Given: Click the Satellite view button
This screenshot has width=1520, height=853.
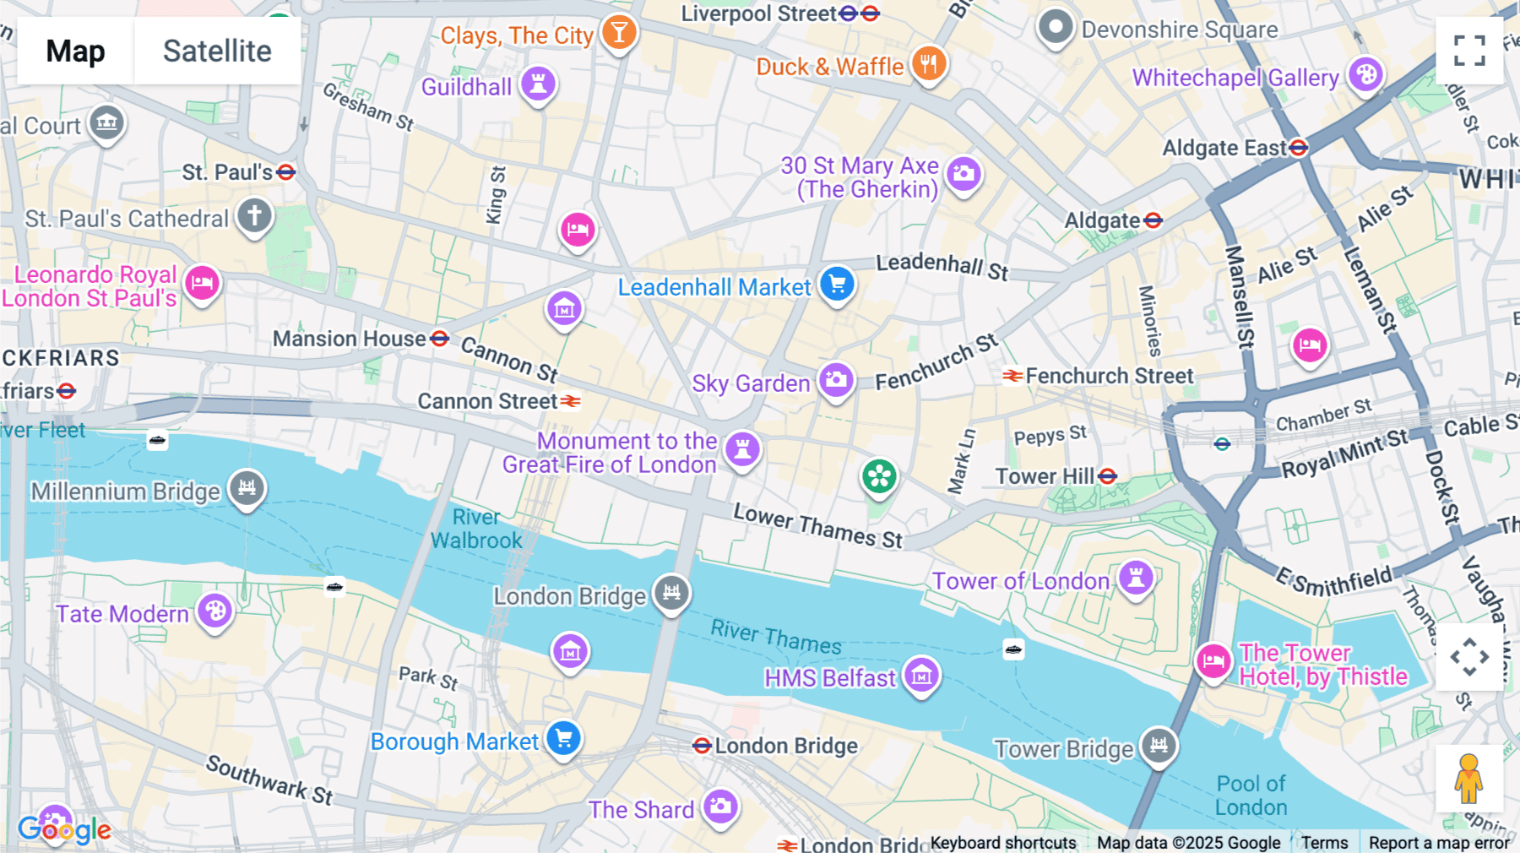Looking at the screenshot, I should [x=217, y=51].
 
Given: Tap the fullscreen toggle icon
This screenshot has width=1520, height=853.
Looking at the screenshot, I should [x=1469, y=51].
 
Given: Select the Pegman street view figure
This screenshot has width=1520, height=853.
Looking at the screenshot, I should [x=1468, y=778].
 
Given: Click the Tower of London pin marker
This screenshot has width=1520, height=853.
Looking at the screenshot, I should [x=1136, y=579].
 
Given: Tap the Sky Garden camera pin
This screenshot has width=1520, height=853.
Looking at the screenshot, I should [x=836, y=380].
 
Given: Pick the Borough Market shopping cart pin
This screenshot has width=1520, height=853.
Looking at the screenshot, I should [x=563, y=739].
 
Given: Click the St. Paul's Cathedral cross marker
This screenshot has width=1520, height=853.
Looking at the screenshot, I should [x=254, y=215].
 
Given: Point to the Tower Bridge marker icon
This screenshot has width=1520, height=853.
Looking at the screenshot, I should [x=1159, y=745].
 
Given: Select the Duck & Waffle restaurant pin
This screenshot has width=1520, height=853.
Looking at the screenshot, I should [x=928, y=63].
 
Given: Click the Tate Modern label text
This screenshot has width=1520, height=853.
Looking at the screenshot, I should [x=122, y=614].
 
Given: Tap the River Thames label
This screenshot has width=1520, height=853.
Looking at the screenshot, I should [x=775, y=637].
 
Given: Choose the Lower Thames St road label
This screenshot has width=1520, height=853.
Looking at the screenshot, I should [x=817, y=526].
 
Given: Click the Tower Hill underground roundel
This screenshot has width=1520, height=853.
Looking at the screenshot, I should [x=1108, y=476].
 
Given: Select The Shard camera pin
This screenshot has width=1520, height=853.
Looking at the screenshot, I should [x=720, y=807].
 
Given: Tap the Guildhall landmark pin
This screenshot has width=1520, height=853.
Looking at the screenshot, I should [x=538, y=84].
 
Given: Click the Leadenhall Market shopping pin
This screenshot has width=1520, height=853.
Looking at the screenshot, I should [x=837, y=284].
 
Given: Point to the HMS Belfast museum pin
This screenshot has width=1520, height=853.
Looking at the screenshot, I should [x=921, y=675].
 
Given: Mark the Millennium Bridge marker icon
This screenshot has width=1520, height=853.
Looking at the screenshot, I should [x=247, y=487].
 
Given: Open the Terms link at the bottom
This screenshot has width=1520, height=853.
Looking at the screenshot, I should [x=1324, y=842].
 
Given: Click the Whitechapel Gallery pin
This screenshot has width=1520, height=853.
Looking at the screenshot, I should [x=1365, y=75].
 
